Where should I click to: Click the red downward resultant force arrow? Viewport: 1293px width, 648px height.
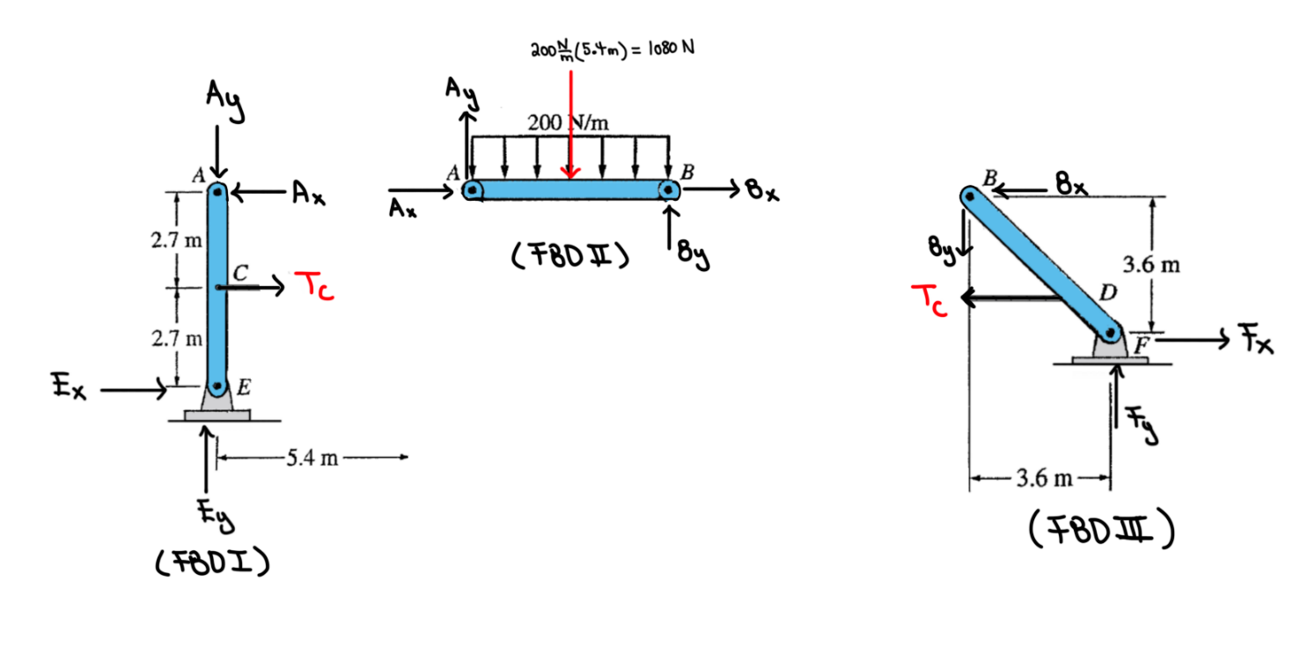point(571,124)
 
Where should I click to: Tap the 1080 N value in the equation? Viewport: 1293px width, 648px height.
point(672,48)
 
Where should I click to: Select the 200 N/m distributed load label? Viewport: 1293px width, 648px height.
point(568,122)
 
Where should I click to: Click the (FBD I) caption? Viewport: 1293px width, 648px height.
point(212,561)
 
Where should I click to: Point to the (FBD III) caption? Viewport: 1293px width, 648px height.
point(1101,528)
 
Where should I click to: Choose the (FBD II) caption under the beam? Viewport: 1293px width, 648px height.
point(570,255)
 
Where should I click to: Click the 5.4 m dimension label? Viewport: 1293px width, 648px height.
point(312,458)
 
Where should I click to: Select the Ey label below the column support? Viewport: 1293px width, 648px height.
point(216,517)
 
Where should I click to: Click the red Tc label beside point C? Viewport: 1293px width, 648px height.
point(314,286)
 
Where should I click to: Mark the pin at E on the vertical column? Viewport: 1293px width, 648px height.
point(217,386)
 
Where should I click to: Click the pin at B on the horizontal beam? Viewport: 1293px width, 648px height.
point(668,189)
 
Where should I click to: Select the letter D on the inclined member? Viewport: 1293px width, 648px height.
point(1107,293)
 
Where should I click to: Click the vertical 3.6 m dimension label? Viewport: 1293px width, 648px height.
point(1151,264)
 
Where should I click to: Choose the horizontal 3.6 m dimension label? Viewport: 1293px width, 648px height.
point(1044,478)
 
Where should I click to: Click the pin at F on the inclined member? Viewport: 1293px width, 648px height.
point(1110,333)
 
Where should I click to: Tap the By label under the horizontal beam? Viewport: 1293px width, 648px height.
point(693,254)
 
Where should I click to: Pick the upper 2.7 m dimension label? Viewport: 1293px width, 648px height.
point(177,240)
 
